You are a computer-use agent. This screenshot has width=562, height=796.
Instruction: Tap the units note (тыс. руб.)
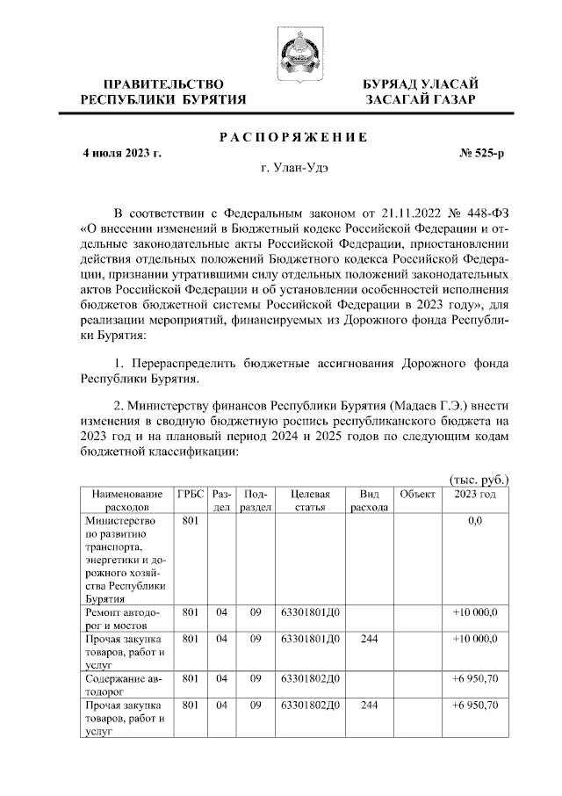tap(479, 479)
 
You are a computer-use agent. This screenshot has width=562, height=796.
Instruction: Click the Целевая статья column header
tap(309, 501)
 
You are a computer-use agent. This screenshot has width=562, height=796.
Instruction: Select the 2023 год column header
tap(475, 495)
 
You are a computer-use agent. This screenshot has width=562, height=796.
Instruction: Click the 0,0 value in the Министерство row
tap(475, 521)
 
